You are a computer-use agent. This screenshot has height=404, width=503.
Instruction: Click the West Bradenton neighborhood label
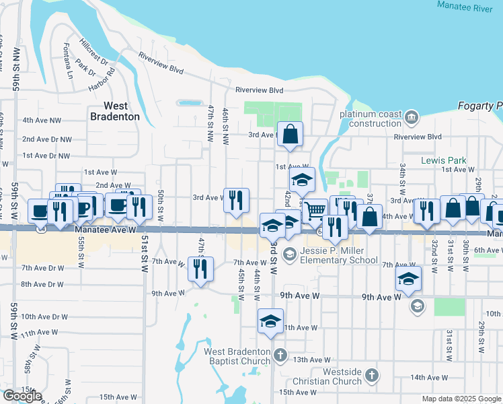click(115, 111)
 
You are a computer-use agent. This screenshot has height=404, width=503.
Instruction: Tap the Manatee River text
click(465, 5)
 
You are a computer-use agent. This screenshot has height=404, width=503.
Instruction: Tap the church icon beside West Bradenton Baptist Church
click(280, 353)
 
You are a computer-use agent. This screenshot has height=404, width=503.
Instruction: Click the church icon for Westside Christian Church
click(371, 374)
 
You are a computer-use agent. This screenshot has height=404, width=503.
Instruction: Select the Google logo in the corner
click(22, 396)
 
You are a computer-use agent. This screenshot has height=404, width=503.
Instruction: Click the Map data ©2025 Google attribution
click(461, 399)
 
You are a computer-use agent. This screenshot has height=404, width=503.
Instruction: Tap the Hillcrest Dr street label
click(93, 51)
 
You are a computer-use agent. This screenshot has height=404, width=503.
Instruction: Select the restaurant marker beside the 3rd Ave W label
click(236, 200)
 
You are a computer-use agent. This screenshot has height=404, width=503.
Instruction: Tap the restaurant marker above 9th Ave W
click(200, 269)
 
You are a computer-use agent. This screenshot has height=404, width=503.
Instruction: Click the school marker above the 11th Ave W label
click(270, 321)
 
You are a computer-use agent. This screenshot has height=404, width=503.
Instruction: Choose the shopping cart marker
click(315, 211)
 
